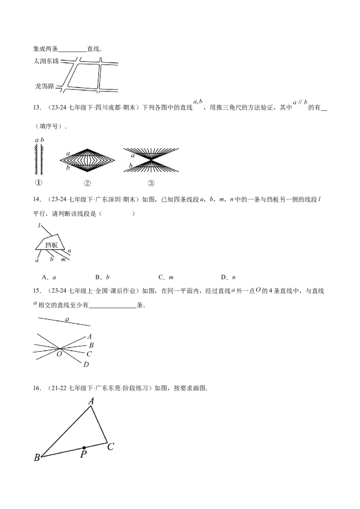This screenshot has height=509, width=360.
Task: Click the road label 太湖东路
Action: pyautogui.click(x=46, y=61)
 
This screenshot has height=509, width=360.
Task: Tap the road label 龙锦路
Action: pyautogui.click(x=45, y=85)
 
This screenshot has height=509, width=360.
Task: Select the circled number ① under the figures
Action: pyautogui.click(x=39, y=183)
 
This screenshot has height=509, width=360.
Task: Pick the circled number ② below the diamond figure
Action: pyautogui.click(x=87, y=183)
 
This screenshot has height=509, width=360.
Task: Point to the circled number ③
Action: pyautogui.click(x=151, y=183)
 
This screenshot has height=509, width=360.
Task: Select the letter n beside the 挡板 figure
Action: pyautogui.click(x=69, y=250)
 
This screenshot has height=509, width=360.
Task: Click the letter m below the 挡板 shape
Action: pyautogui.click(x=63, y=260)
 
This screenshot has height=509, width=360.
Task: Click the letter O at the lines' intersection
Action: pyautogui.click(x=59, y=354)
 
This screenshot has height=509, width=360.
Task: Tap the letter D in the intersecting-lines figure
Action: pyautogui.click(x=86, y=364)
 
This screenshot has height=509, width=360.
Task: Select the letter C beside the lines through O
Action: pyautogui.click(x=89, y=354)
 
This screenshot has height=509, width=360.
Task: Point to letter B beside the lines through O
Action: pyautogui.click(x=91, y=345)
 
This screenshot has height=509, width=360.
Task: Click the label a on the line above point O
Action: pyautogui.click(x=67, y=319)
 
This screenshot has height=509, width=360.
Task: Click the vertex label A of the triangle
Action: pyautogui.click(x=91, y=401)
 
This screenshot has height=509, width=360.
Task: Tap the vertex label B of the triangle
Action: pyautogui.click(x=36, y=458)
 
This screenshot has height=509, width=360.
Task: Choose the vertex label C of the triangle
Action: pyautogui.click(x=111, y=446)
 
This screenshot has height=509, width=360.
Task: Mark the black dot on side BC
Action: pyautogui.click(x=84, y=448)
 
